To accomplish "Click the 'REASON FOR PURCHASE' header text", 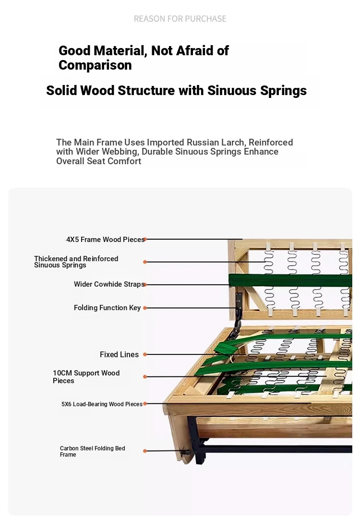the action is [x=180, y=19].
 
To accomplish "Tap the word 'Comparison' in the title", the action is [x=95, y=65].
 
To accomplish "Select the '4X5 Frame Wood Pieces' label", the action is [x=105, y=240].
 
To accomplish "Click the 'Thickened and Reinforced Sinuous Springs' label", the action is [x=76, y=262].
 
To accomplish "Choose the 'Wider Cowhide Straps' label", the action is [x=109, y=284].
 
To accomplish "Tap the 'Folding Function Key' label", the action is [x=107, y=308].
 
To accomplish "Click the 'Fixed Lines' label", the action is [x=119, y=354].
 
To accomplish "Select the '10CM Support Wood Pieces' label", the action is [x=86, y=376].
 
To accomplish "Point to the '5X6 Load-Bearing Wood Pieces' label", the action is [x=102, y=404].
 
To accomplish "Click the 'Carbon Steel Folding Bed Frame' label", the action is [x=92, y=451].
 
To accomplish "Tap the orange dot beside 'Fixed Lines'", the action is [x=145, y=354].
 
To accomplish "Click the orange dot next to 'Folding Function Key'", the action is [x=145, y=308].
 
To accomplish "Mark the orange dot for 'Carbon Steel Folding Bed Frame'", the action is [x=145, y=451].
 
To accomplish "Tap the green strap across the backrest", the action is [x=290, y=281].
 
